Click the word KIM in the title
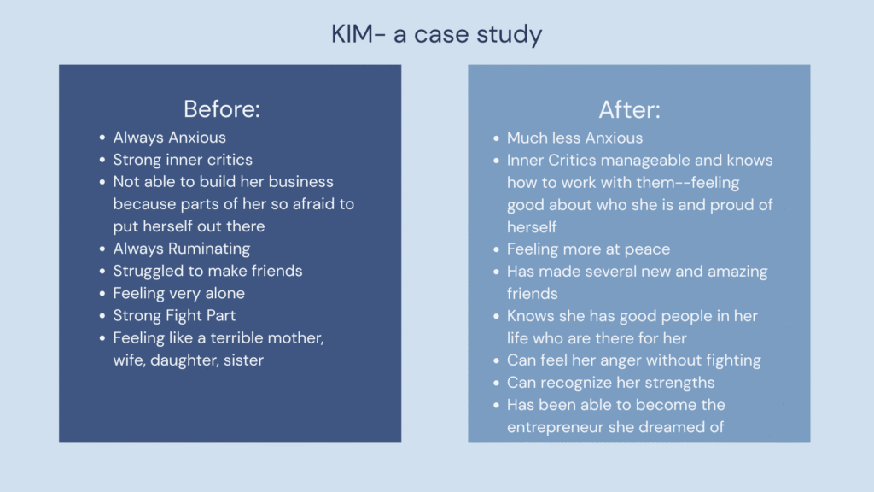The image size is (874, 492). coord(352,34)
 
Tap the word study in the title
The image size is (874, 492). coord(509,35)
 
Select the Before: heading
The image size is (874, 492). coord(222,108)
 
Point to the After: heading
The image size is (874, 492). coord(629,109)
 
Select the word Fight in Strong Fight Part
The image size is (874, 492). coord(183,316)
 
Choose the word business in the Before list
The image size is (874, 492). coord(301,181)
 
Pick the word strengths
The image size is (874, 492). coord(683,383)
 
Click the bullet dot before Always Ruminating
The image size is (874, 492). coord(102,249)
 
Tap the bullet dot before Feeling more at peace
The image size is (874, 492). coord(496,249)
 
